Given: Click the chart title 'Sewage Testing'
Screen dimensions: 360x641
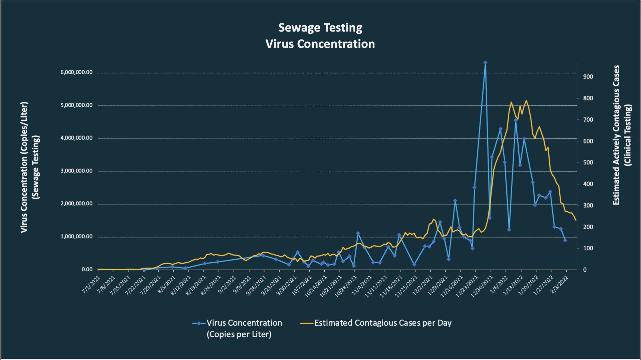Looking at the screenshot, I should coord(320,28).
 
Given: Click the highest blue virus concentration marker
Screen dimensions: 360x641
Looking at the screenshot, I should coord(485,62).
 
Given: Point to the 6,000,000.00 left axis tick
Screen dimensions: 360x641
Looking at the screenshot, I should coord(76,72).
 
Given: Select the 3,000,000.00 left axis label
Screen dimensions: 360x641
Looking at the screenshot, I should coord(76,171).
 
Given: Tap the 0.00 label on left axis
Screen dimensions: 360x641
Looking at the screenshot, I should coord(87,269).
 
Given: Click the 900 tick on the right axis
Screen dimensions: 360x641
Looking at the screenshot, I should coord(588,77).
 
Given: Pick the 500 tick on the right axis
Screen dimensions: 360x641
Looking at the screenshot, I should coord(588,162).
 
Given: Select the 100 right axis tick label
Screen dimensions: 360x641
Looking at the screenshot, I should coord(588,248).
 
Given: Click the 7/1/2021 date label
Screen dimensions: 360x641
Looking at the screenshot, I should coord(91,285).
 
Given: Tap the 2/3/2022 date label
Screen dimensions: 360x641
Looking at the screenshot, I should coord(559,285).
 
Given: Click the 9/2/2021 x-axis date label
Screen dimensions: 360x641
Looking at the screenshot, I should coord(227,285).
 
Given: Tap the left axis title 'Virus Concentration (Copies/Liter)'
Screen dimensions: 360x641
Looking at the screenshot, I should coord(24,167).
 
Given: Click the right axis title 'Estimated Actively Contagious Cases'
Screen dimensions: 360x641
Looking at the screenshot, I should coord(616,135).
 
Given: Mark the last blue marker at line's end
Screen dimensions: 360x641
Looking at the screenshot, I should coord(565,240).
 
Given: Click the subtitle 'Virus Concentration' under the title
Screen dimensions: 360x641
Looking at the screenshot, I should coord(320,44).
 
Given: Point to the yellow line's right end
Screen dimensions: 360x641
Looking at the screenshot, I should coord(576,220).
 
